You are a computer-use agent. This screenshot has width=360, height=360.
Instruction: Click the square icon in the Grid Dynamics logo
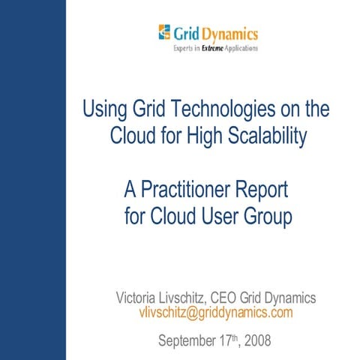[164, 33]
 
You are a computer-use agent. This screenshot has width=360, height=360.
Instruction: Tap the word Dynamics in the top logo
[229, 33]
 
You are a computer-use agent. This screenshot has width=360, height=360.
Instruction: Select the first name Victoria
[139, 297]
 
